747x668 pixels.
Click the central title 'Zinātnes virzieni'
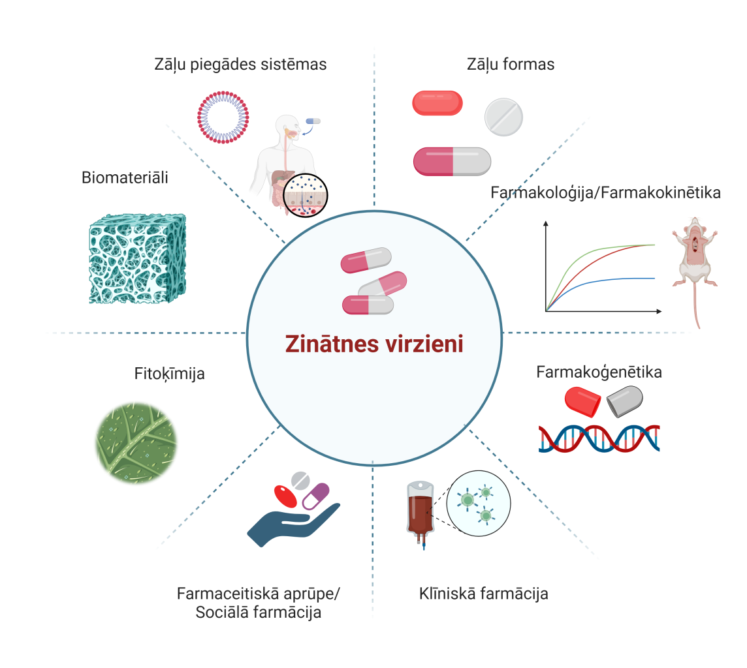pyautogui.click(x=374, y=344)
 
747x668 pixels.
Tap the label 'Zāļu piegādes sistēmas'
pyautogui.click(x=240, y=65)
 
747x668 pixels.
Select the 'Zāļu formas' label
pyautogui.click(x=511, y=65)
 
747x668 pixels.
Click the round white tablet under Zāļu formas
pyautogui.click(x=503, y=117)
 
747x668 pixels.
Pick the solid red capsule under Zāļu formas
pyautogui.click(x=437, y=103)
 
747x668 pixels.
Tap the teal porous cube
pyautogui.click(x=137, y=258)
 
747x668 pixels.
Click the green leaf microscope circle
pyautogui.click(x=136, y=442)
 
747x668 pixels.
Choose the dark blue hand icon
pyautogui.click(x=287, y=522)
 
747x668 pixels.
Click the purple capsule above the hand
pyautogui.click(x=315, y=496)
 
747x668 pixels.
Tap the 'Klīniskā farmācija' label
pyautogui.click(x=483, y=594)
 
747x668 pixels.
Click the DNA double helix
pyautogui.click(x=599, y=438)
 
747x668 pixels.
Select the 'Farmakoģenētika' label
pyautogui.click(x=599, y=372)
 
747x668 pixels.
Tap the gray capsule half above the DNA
pyautogui.click(x=624, y=401)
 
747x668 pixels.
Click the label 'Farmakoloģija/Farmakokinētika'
pyautogui.click(x=605, y=193)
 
